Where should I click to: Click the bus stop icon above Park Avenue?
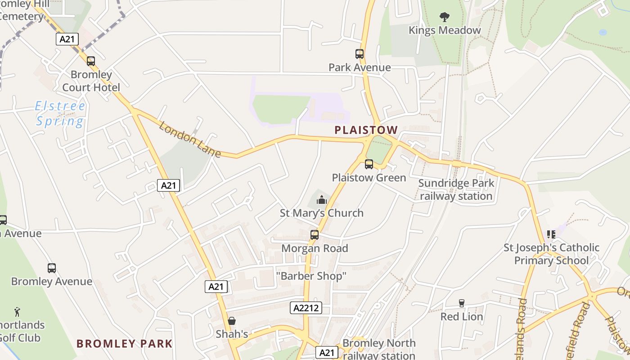[x=359, y=54]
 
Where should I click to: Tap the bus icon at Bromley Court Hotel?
[x=91, y=61]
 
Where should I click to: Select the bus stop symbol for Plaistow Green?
[x=369, y=164]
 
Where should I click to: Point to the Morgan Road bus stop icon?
[x=315, y=235]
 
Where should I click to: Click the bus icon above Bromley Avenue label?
[x=52, y=268]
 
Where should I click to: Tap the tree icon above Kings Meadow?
[x=445, y=17]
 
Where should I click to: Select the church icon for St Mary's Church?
[x=322, y=200]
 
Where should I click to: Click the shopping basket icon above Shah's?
[x=232, y=321]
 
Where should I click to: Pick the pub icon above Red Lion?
[x=461, y=303]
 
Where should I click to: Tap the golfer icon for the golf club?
[x=17, y=311]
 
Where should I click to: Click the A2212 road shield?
[x=306, y=308]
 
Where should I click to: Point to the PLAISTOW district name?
[x=366, y=130]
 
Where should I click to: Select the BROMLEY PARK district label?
[x=125, y=344]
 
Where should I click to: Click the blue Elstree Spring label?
[x=60, y=114]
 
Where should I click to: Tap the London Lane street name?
[x=190, y=139]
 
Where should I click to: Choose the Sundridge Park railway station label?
[x=456, y=189]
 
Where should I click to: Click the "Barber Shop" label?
[x=311, y=276]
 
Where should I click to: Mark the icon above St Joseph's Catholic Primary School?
[x=551, y=234]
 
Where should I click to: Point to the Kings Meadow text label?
[x=445, y=31]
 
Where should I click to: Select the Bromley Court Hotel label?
[x=91, y=81]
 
